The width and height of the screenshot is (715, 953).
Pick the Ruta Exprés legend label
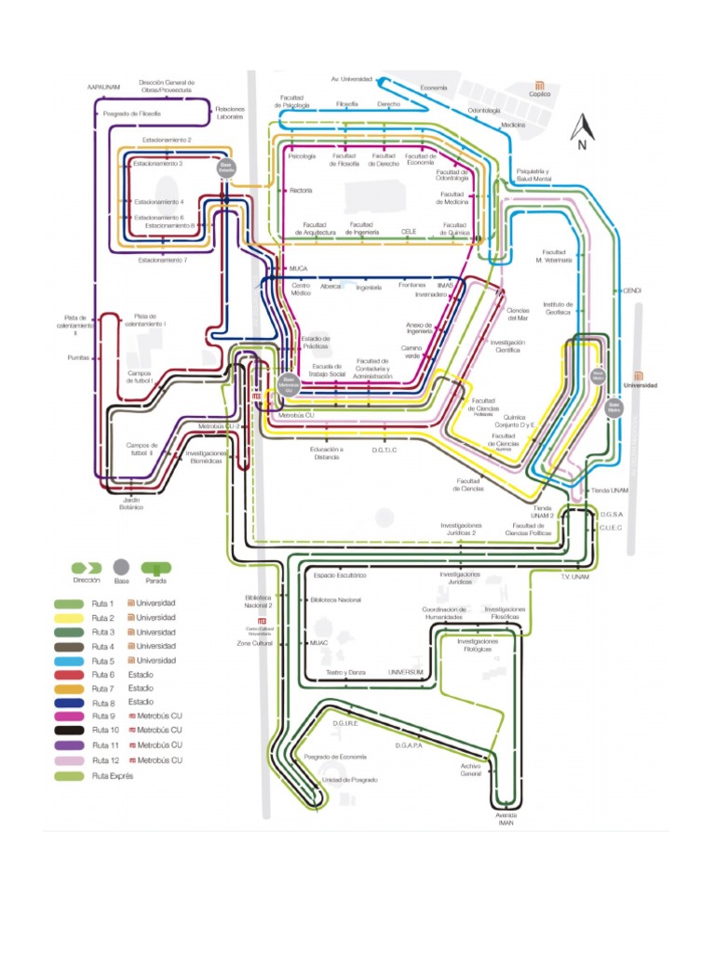(x=113, y=775)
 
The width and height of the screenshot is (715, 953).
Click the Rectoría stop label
(x=301, y=191)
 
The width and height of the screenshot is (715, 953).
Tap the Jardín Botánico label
(x=131, y=503)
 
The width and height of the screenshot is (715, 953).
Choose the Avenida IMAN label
(x=506, y=819)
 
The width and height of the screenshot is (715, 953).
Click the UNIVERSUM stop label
(x=406, y=671)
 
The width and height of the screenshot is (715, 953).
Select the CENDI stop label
(x=633, y=290)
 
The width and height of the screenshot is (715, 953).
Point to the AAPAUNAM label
(x=104, y=86)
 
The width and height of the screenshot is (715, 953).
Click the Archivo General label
(x=471, y=770)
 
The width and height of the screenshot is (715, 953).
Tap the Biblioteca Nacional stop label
(x=336, y=600)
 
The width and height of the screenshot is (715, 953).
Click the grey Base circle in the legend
(x=120, y=566)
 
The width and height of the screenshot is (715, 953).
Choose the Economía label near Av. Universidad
(x=434, y=87)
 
